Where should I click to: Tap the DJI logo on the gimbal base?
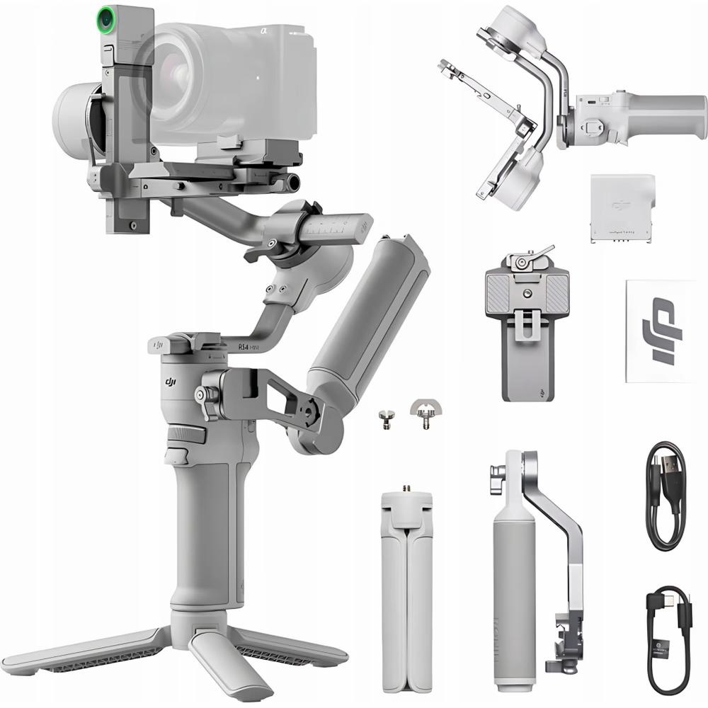click(171, 382)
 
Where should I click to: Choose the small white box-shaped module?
click(622, 207)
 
